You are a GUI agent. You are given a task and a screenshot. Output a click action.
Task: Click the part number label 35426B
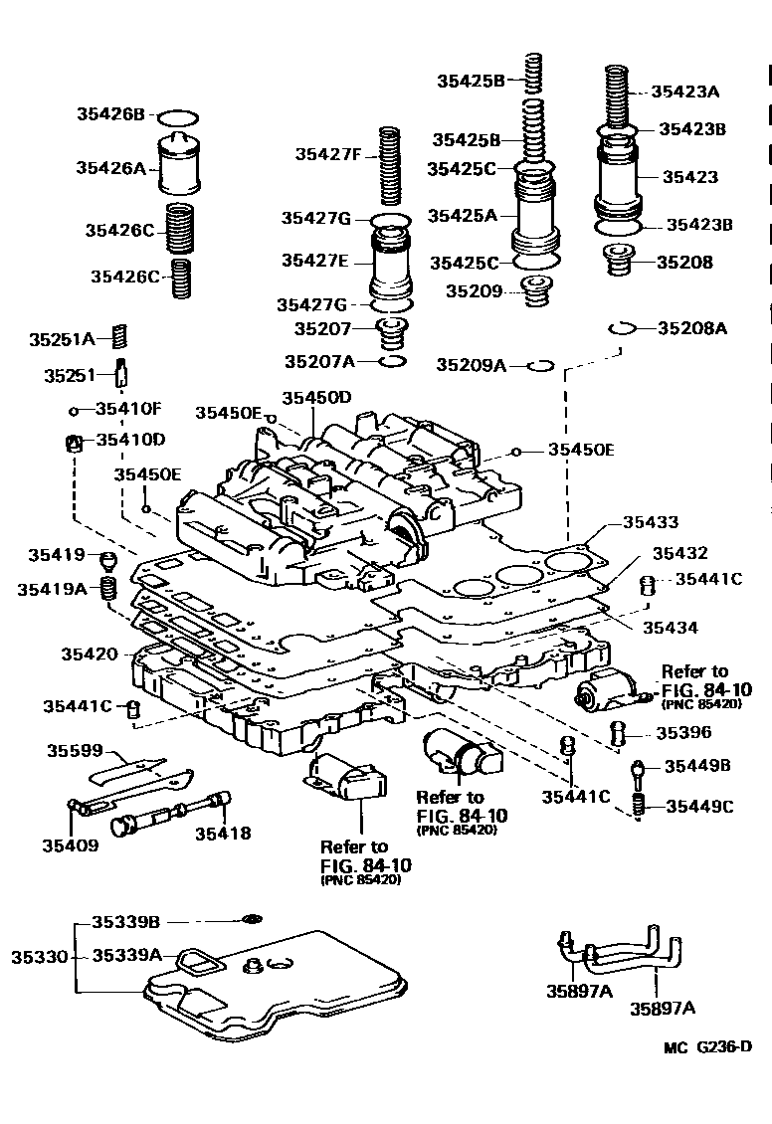[x=110, y=114]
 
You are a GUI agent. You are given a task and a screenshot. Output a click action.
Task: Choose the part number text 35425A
[x=462, y=215]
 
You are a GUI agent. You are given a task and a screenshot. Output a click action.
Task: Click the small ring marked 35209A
[x=540, y=365]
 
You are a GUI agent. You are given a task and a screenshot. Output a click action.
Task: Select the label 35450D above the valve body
[x=316, y=397]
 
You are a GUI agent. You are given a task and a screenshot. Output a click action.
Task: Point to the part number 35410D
[x=129, y=439]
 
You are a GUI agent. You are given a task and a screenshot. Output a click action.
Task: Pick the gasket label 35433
[x=651, y=521]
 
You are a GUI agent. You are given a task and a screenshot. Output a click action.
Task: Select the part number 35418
[x=222, y=834]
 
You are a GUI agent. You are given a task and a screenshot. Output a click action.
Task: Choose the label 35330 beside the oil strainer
[x=39, y=957]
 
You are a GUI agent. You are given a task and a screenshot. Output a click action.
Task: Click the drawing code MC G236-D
[x=707, y=1046]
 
